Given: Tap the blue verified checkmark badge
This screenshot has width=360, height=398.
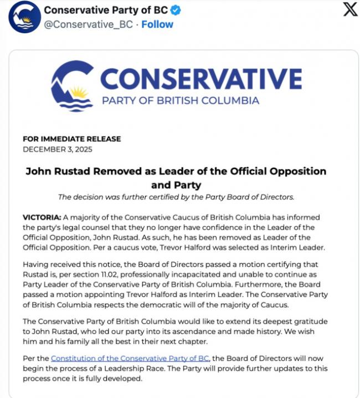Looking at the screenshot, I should [x=176, y=10].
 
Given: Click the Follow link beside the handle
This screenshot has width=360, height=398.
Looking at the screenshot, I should [x=157, y=24].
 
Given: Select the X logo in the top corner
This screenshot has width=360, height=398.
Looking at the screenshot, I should [x=350, y=10].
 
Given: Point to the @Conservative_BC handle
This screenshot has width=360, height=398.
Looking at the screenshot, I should [x=88, y=24].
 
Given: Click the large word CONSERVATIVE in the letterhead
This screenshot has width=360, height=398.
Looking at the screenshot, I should [x=201, y=79].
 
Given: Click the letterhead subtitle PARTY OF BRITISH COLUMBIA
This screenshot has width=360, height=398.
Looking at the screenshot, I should [x=181, y=101].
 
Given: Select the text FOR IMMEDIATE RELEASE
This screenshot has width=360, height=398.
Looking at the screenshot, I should [x=71, y=139].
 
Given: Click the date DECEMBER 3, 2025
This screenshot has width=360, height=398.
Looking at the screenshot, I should [x=58, y=149].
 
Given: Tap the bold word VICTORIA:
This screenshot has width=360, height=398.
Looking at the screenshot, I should [x=42, y=217].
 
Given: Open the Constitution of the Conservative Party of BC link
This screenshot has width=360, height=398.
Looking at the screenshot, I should [x=130, y=359].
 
